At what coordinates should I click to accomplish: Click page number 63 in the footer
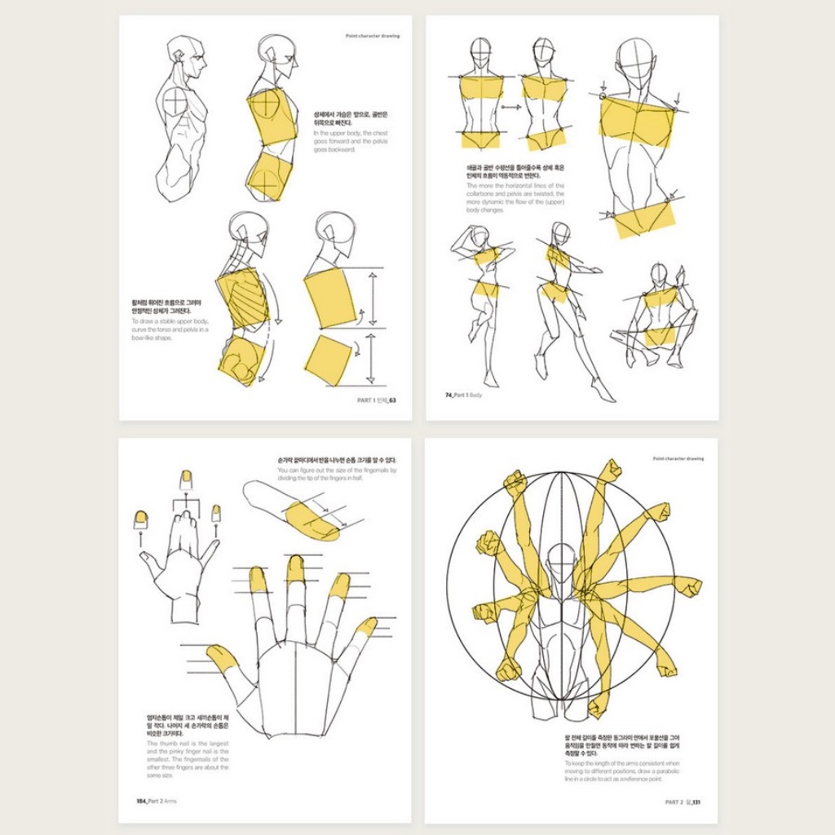click(391, 400)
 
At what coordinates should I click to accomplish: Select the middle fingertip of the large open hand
click(295, 569)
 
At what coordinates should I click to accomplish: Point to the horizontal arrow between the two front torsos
click(511, 107)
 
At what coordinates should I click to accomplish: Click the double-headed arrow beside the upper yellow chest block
click(372, 298)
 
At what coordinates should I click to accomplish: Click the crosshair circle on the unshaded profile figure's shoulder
click(175, 101)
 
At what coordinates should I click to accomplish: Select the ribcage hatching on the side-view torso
click(242, 292)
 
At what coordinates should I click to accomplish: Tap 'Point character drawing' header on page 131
click(678, 458)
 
